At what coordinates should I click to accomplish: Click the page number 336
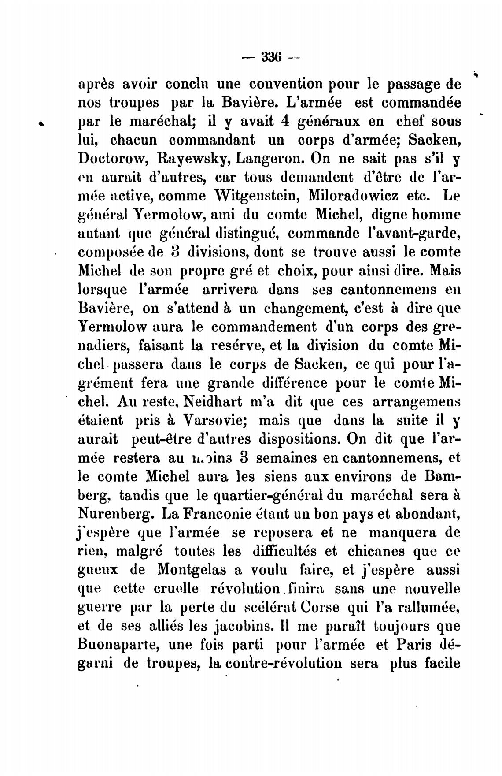point(271,57)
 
